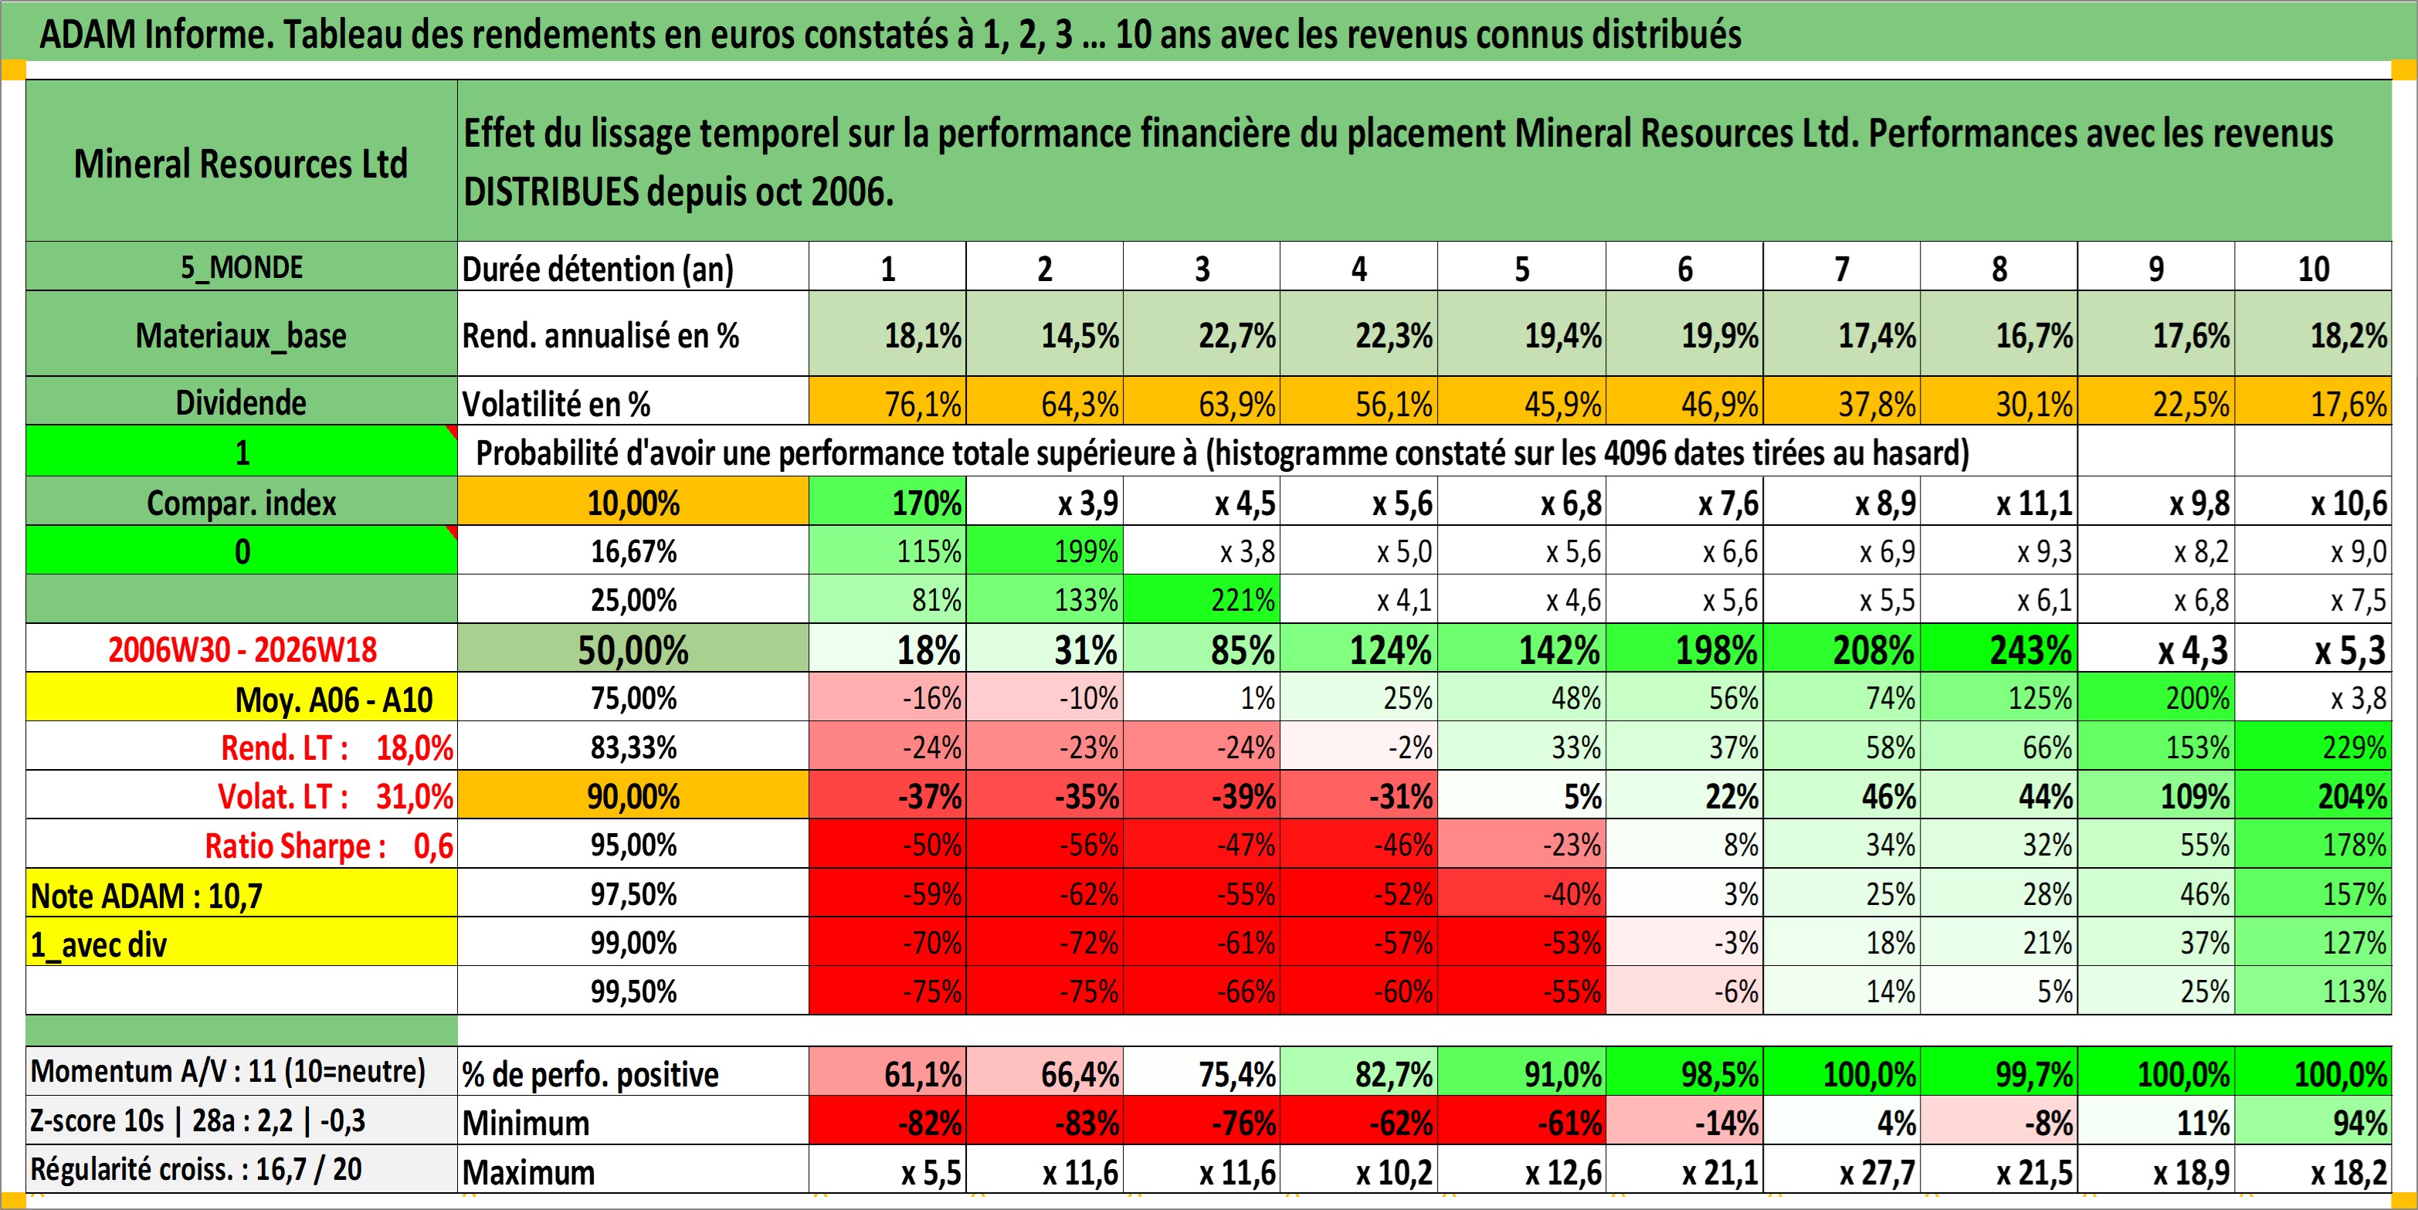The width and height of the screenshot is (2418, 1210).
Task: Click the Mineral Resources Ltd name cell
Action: tap(241, 164)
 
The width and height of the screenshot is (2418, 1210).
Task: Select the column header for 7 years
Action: tap(1842, 269)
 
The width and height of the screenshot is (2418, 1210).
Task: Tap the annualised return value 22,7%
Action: tap(1236, 335)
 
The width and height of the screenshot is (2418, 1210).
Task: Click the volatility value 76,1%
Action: tap(923, 404)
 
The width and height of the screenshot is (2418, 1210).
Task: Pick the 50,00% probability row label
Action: tap(632, 649)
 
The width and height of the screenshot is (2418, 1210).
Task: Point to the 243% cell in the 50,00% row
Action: tap(2030, 649)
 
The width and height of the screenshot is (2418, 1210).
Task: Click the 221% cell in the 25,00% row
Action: tap(1243, 600)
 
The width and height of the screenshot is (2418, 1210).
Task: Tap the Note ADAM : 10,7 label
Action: tap(147, 896)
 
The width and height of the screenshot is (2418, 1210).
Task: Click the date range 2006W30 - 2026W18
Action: tap(242, 649)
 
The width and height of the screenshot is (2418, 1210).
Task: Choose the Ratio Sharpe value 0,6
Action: tap(432, 846)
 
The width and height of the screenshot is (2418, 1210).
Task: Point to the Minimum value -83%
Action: tap(1080, 1123)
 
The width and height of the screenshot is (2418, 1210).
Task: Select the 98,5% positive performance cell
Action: tap(1720, 1074)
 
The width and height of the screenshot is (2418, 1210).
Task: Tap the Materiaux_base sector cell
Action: tap(241, 335)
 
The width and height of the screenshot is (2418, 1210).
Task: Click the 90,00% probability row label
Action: tap(633, 796)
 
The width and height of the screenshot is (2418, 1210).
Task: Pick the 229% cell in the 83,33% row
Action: tap(2354, 747)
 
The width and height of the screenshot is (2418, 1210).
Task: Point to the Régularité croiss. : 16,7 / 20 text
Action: tap(196, 1170)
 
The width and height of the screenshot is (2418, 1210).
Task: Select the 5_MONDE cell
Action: tap(241, 267)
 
